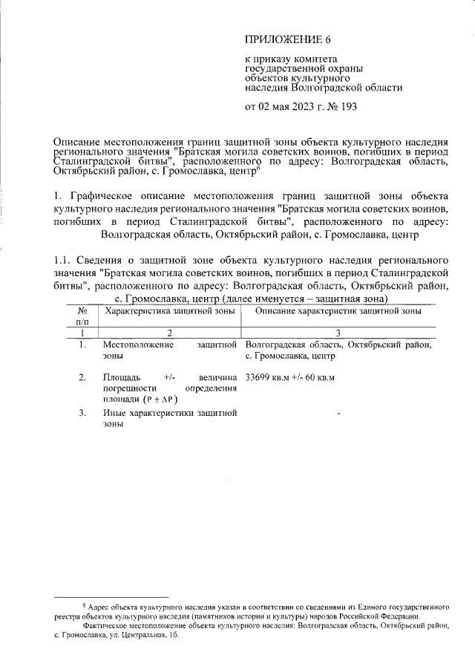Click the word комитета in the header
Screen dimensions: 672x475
point(314,58)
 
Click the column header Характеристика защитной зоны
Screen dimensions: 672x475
point(171,311)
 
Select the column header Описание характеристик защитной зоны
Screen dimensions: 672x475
point(338,311)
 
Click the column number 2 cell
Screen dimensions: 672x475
point(170,333)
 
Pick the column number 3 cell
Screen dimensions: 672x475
point(338,333)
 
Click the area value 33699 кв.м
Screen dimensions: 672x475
point(270,377)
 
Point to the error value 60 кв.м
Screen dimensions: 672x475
point(319,377)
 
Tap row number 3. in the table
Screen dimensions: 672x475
point(82,413)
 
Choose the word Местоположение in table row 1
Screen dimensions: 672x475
point(139,345)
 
